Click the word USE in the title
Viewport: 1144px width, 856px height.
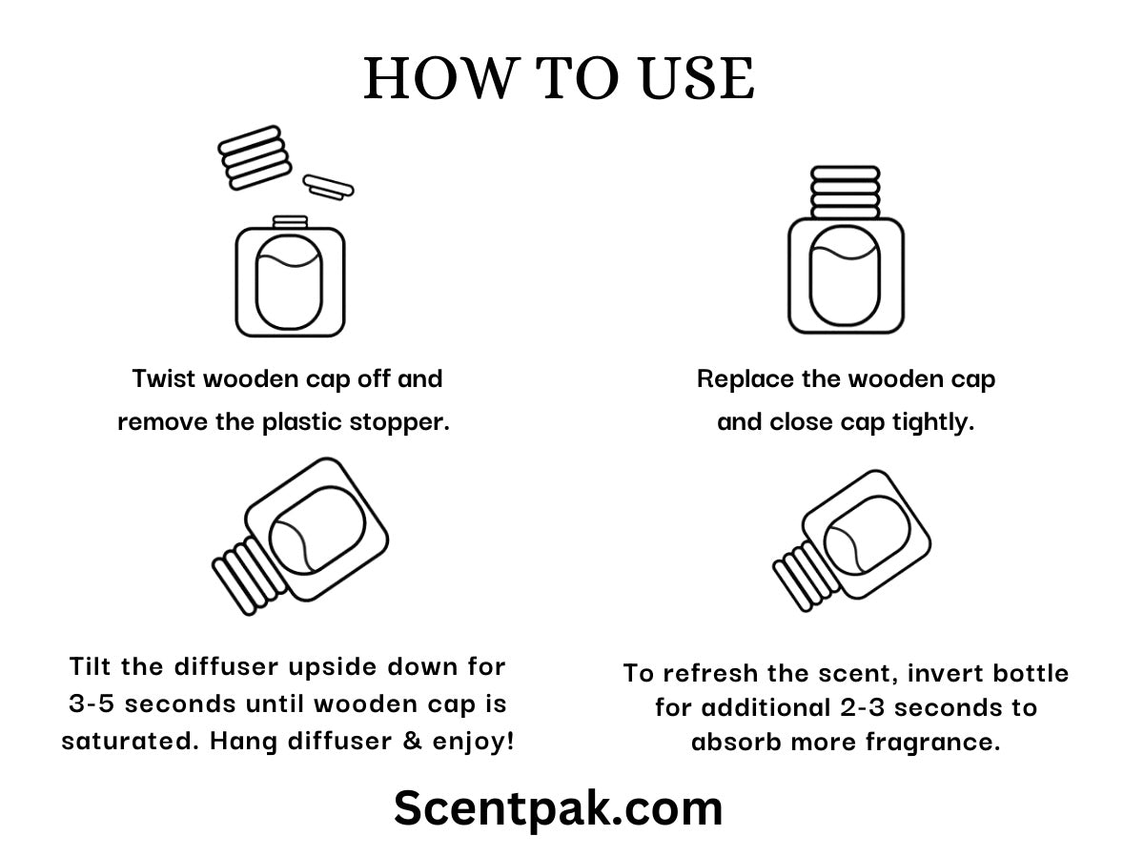click(697, 78)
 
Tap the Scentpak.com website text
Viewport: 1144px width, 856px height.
click(559, 808)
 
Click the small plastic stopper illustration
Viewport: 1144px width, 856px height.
click(328, 187)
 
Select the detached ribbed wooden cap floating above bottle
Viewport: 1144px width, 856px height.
click(255, 157)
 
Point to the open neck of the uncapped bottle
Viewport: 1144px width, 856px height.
click(291, 222)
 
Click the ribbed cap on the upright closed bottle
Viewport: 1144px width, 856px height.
click(846, 192)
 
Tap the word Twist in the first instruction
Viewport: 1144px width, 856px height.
click(164, 378)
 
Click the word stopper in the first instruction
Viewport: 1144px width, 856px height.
click(399, 422)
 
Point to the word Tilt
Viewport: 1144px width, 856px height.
click(91, 666)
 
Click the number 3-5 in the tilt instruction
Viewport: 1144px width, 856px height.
click(92, 703)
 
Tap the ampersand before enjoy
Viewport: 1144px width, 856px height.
click(412, 741)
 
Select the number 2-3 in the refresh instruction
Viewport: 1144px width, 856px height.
click(864, 707)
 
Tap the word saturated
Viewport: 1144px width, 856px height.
click(131, 742)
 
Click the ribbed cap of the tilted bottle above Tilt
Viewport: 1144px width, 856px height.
click(249, 576)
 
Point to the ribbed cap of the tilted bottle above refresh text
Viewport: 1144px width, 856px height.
click(807, 576)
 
